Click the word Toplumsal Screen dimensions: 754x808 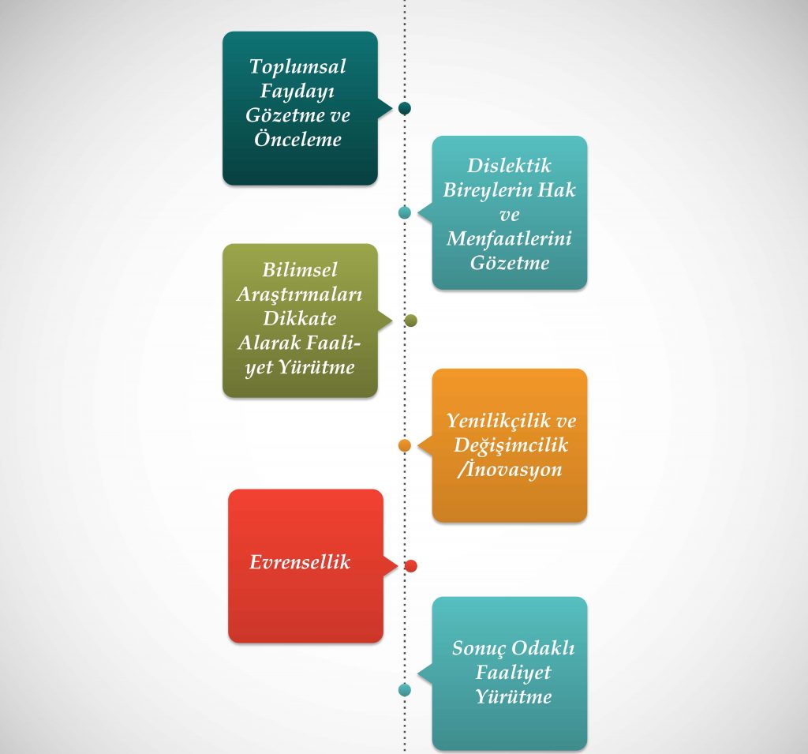pos(297,66)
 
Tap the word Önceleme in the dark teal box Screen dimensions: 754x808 pos(297,139)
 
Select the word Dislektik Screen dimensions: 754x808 pos(509,166)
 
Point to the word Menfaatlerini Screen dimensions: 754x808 pos(509,238)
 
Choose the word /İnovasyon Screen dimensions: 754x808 pos(509,469)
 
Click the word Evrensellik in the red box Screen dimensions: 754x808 pos(300,562)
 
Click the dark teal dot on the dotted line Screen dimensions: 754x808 pos(405,108)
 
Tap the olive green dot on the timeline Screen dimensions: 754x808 pos(410,321)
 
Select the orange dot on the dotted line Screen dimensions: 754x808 pos(405,445)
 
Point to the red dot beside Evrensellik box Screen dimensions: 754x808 pos(410,566)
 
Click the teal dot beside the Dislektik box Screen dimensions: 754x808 pos(405,212)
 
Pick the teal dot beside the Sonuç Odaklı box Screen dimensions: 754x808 pos(405,690)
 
